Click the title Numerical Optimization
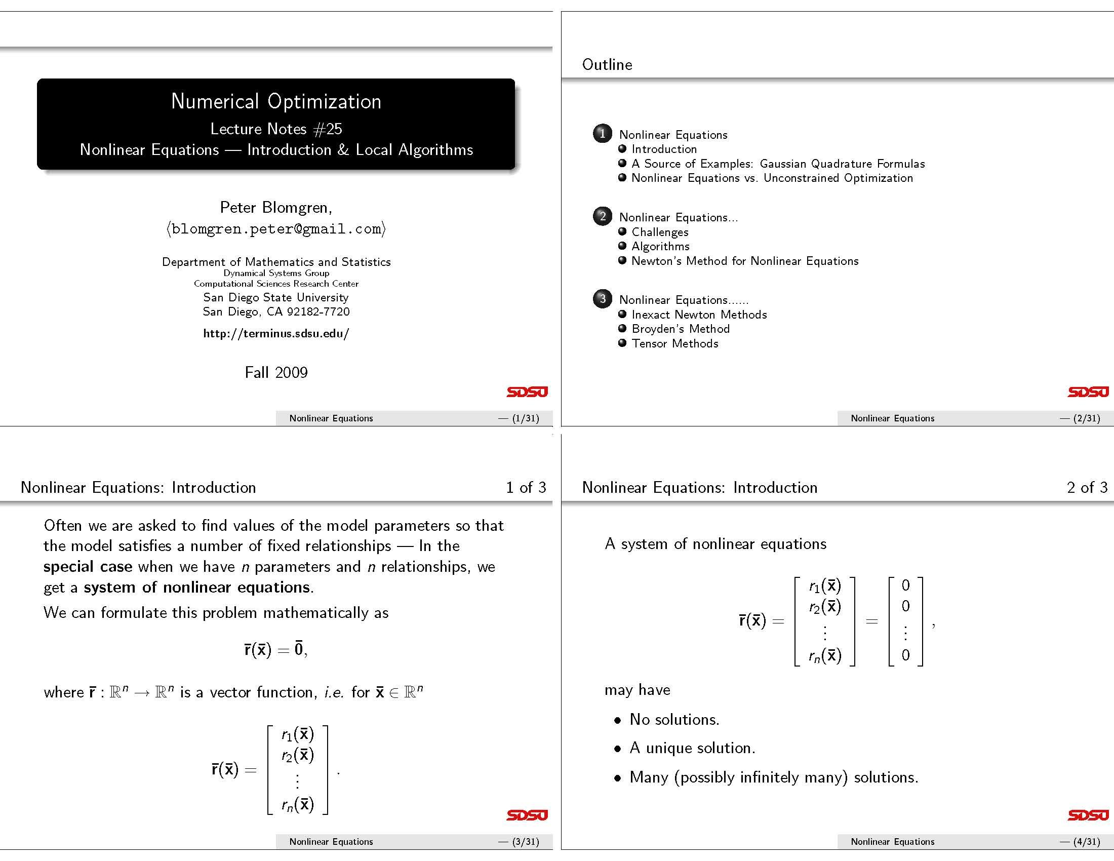(x=276, y=101)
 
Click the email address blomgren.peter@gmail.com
(x=276, y=229)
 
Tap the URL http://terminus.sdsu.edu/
(x=276, y=334)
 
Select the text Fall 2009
(x=276, y=372)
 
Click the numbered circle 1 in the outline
(x=603, y=134)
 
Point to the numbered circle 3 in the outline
(x=603, y=299)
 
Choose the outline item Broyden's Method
(x=681, y=329)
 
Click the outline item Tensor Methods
(x=675, y=344)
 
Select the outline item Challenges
(x=660, y=232)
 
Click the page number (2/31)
(x=1087, y=418)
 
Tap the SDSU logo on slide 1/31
(x=527, y=392)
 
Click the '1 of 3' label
(x=526, y=488)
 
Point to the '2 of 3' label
(x=1087, y=488)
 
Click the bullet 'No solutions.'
(x=674, y=720)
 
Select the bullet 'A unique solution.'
(x=692, y=748)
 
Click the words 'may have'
(x=637, y=690)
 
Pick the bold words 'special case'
(x=88, y=567)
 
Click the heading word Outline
(x=607, y=65)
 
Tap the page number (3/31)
(x=526, y=842)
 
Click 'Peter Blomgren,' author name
(x=276, y=208)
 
